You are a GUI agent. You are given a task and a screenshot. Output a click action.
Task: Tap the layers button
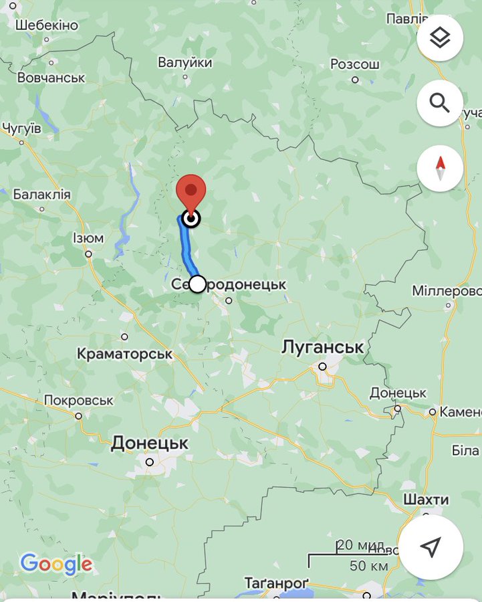click(440, 37)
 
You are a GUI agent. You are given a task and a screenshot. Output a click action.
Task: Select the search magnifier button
click(440, 103)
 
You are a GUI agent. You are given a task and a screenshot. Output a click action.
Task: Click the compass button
click(440, 168)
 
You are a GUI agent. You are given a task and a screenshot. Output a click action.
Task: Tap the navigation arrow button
click(431, 546)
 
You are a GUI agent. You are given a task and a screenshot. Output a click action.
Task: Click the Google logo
click(56, 564)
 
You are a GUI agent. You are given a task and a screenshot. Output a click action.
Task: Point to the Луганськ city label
click(323, 347)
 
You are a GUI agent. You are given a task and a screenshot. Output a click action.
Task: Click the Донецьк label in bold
click(150, 443)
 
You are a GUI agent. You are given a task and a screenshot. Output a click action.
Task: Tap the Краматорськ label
click(125, 353)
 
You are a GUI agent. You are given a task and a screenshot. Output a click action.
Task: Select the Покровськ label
click(79, 400)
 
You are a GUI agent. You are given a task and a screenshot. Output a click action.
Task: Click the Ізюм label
click(88, 238)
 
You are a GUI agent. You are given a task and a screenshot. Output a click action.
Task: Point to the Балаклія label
click(41, 194)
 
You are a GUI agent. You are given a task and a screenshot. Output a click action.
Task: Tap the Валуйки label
click(185, 62)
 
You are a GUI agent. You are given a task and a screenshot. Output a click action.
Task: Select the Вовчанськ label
click(51, 78)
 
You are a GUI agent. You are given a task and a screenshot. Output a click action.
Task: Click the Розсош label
click(355, 64)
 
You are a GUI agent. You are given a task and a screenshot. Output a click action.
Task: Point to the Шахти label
click(426, 500)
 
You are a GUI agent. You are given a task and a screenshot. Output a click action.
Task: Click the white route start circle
click(197, 284)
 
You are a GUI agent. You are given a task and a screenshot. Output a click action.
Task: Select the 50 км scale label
click(369, 566)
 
